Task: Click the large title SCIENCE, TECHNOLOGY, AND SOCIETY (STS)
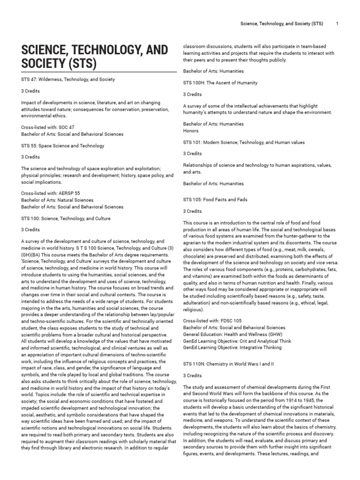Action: [x=89, y=57]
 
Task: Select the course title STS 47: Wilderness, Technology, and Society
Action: [x=68, y=80]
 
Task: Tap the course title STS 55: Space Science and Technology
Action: [x=63, y=146]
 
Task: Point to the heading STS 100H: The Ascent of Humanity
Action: [x=220, y=82]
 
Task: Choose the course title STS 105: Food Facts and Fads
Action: [x=215, y=200]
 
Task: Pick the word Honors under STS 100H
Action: [x=191, y=131]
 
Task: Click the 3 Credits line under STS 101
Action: [x=193, y=154]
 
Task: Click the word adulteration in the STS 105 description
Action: [x=201, y=303]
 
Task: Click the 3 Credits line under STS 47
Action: [x=30, y=91]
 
